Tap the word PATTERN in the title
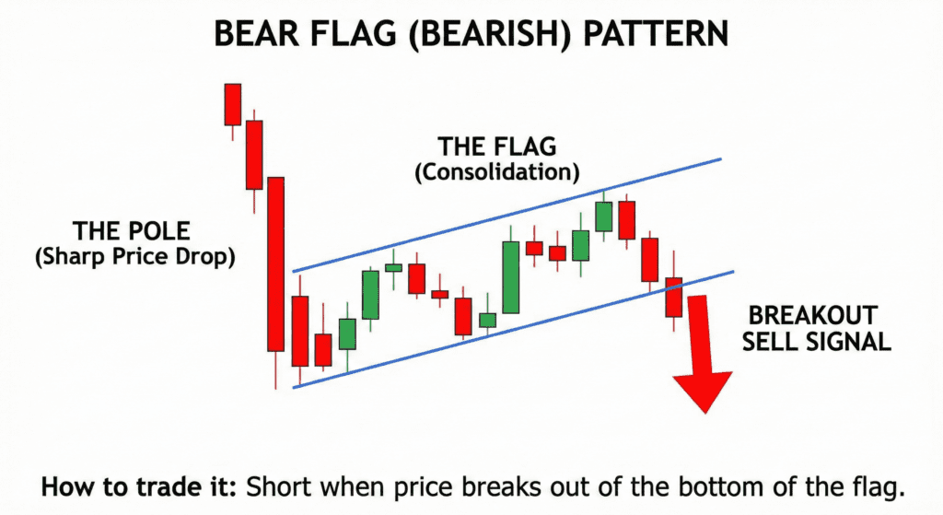pyautogui.click(x=656, y=34)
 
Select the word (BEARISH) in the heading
pyautogui.click(x=489, y=34)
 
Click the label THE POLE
pyautogui.click(x=131, y=231)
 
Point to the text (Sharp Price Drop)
pyautogui.click(x=134, y=257)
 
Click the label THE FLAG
pyautogui.click(x=496, y=146)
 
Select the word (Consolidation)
pyautogui.click(x=496, y=172)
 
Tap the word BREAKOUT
pyautogui.click(x=812, y=316)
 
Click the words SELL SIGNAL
pyautogui.click(x=816, y=342)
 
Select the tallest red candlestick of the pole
pyautogui.click(x=275, y=264)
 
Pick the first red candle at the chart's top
pyautogui.click(x=233, y=105)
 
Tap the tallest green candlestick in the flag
pyautogui.click(x=510, y=277)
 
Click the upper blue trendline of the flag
pyautogui.click(x=506, y=216)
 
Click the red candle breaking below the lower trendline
pyautogui.click(x=673, y=298)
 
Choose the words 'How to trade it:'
pyautogui.click(x=138, y=486)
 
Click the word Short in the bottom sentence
pyautogui.click(x=276, y=486)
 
